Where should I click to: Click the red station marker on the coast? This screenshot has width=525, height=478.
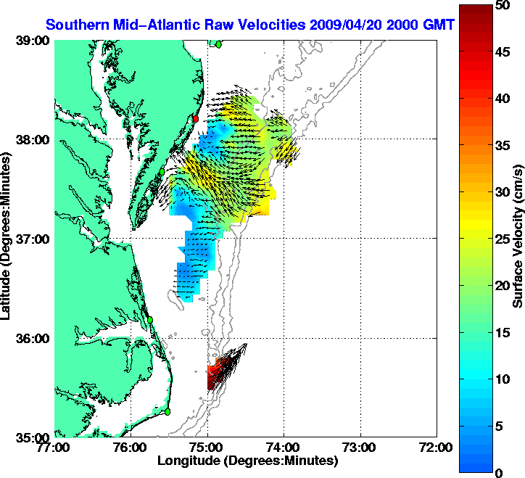coord(195,118)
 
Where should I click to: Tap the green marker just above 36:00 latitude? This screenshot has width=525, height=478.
coord(150,319)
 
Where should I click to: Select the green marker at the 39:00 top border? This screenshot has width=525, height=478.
coord(218,44)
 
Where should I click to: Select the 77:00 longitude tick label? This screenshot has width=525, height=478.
coord(55,447)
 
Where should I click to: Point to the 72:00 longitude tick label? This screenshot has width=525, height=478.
coord(437,447)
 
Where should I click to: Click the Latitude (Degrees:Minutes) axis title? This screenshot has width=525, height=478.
coord(7,239)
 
